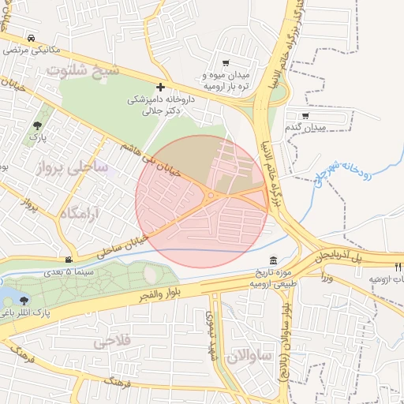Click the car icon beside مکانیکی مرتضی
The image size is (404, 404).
[31, 38]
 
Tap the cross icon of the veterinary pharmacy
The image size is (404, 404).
[161, 87]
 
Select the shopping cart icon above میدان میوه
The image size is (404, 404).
[226, 63]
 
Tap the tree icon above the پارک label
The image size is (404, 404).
[37, 125]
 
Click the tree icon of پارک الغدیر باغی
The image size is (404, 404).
[25, 300]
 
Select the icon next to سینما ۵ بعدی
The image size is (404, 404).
[69, 260]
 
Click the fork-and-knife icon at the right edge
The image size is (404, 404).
[398, 267]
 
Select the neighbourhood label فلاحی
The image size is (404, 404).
[113, 342]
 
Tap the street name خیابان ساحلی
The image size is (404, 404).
[122, 246]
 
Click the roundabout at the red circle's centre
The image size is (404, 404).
[210, 196]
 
